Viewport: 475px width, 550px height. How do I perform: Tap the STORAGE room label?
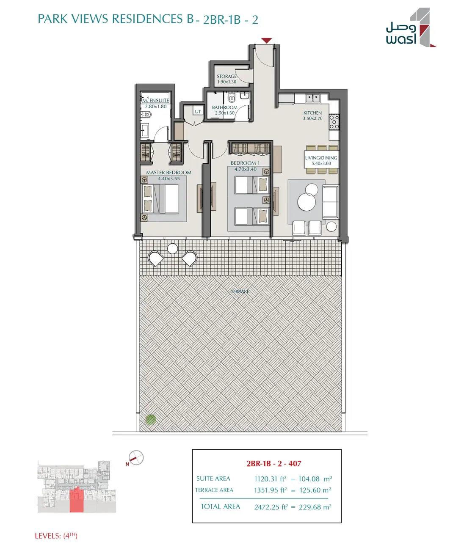pyautogui.click(x=226, y=77)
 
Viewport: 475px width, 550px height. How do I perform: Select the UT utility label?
pyautogui.click(x=198, y=112)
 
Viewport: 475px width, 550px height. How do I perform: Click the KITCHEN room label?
pyautogui.click(x=312, y=113)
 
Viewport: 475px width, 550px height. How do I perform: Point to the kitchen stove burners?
pyautogui.click(x=334, y=122)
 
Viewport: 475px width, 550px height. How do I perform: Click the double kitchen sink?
pyautogui.click(x=313, y=98)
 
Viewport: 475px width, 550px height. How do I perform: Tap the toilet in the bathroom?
pyautogui.click(x=232, y=98)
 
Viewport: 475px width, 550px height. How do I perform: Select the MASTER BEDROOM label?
pyautogui.click(x=169, y=173)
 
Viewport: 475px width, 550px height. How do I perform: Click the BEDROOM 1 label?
pyautogui.click(x=245, y=163)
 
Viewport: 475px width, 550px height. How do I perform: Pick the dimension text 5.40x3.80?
pyautogui.click(x=321, y=163)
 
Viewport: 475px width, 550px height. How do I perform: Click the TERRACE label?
pyautogui.click(x=240, y=291)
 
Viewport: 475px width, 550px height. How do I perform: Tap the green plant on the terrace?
pyautogui.click(x=151, y=420)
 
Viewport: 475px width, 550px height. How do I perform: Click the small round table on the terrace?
pyautogui.click(x=173, y=248)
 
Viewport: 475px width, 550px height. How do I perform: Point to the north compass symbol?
pyautogui.click(x=135, y=458)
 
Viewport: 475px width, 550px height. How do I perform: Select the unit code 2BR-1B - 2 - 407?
pyautogui.click(x=274, y=464)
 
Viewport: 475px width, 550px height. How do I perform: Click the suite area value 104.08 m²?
pyautogui.click(x=315, y=479)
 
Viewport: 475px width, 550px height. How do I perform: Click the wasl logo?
pyautogui.click(x=411, y=27)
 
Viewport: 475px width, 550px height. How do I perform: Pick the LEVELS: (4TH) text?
pyautogui.click(x=56, y=536)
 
